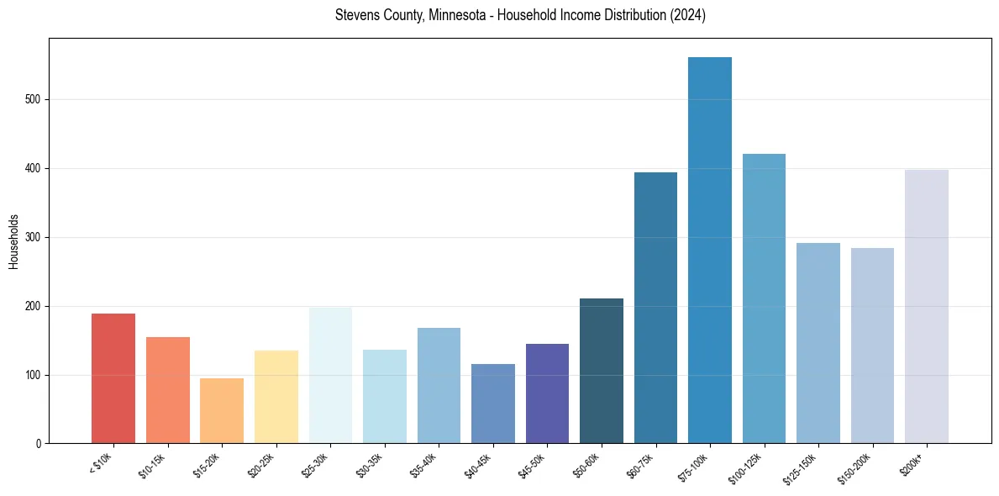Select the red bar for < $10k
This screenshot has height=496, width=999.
coord(113,378)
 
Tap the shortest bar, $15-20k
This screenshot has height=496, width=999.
coord(222,411)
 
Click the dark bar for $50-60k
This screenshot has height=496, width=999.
coord(601,371)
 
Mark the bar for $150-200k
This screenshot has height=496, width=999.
coord(872,346)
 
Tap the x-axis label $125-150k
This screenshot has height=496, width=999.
coord(802,467)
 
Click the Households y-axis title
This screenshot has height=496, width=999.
coord(13,241)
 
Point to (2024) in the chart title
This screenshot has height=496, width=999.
coord(687,16)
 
